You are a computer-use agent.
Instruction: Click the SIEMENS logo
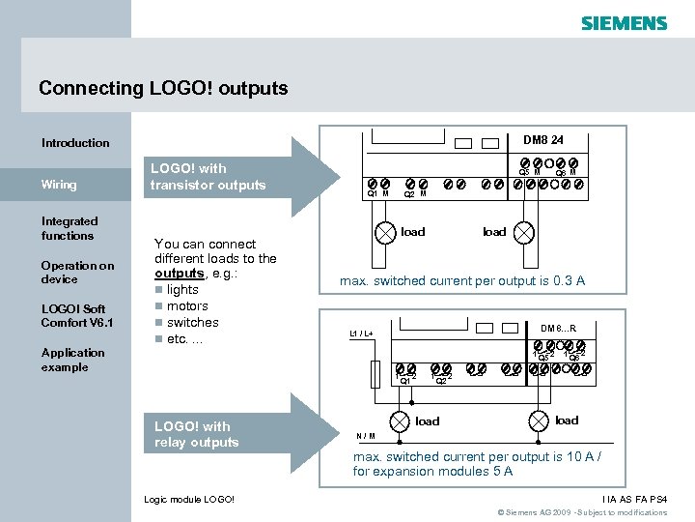point(624,22)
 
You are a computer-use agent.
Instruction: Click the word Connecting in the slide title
point(92,88)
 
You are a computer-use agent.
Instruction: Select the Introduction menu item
point(75,143)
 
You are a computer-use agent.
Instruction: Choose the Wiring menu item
point(58,185)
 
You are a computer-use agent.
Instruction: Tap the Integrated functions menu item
point(69,228)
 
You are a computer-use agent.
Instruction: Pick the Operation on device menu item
point(77,273)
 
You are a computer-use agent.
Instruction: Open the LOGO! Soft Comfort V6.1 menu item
point(77,315)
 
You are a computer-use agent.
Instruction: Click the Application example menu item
point(72,360)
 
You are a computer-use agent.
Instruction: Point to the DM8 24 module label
point(543,139)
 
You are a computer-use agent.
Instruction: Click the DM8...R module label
point(558,329)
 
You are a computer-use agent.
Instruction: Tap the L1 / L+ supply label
point(361,333)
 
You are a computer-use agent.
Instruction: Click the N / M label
point(366,435)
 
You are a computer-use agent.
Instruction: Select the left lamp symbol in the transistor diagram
point(385,232)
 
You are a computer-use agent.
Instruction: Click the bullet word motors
point(187,306)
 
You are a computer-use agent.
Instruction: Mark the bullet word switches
point(192,323)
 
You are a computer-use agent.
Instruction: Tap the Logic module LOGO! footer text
point(188,499)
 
